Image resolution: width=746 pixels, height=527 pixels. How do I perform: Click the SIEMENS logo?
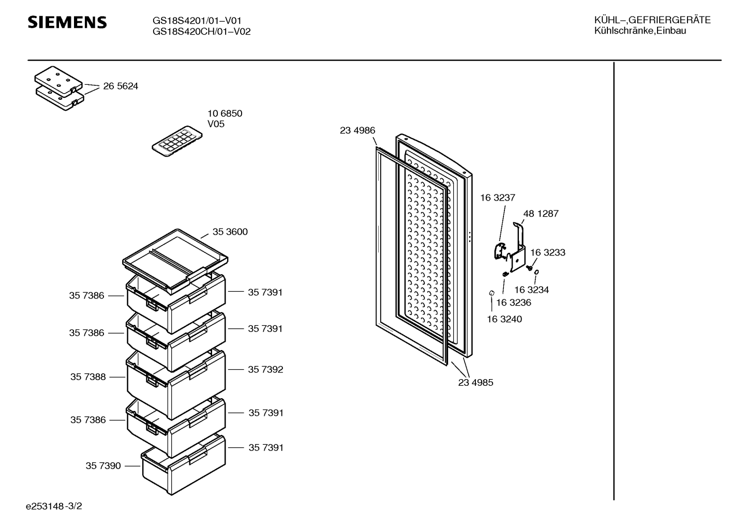click(x=67, y=22)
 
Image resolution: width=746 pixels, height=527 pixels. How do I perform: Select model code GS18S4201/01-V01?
click(x=197, y=21)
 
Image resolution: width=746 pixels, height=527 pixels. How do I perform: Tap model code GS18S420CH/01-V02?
click(x=201, y=32)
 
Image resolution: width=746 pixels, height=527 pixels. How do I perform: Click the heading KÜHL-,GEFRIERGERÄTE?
click(x=652, y=20)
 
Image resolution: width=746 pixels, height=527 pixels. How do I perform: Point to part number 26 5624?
click(x=121, y=86)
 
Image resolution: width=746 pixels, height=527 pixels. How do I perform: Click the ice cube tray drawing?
click(x=177, y=141)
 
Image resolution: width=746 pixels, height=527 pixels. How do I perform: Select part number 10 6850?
click(x=225, y=114)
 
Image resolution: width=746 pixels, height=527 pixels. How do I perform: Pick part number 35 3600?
click(x=230, y=232)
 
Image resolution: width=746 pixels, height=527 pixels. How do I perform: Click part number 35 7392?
click(x=265, y=370)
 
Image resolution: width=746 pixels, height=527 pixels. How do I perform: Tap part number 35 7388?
click(x=88, y=377)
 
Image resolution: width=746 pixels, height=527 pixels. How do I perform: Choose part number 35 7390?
click(x=103, y=466)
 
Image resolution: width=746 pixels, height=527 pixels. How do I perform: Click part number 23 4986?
click(x=357, y=130)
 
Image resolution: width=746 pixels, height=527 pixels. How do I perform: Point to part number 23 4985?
click(x=475, y=383)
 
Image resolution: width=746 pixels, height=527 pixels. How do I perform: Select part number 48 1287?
click(x=541, y=214)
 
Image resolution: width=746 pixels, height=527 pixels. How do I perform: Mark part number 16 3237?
click(x=498, y=198)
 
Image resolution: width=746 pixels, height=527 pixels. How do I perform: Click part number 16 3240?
click(x=504, y=319)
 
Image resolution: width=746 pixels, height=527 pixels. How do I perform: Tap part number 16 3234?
click(x=531, y=290)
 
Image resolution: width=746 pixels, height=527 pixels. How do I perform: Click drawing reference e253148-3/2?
click(x=54, y=506)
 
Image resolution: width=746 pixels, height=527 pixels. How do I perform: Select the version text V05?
click(x=216, y=124)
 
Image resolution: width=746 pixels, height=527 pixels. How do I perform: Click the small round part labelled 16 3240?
click(x=491, y=293)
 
